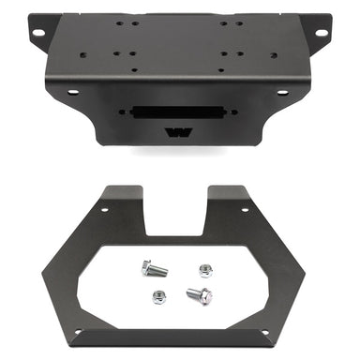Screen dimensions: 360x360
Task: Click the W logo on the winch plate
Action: (179, 132)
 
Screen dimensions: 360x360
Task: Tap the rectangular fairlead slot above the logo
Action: (178, 111)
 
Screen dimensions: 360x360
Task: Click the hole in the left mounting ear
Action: (37, 33)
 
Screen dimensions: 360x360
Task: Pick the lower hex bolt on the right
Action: (199, 294)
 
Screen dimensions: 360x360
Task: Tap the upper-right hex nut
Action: (206, 271)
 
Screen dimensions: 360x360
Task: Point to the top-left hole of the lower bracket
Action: (103, 209)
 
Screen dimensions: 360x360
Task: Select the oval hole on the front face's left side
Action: (72, 92)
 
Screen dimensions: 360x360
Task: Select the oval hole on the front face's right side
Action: (281, 92)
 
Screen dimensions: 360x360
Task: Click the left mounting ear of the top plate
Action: (41, 29)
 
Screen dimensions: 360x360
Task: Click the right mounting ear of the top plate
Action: (317, 29)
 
